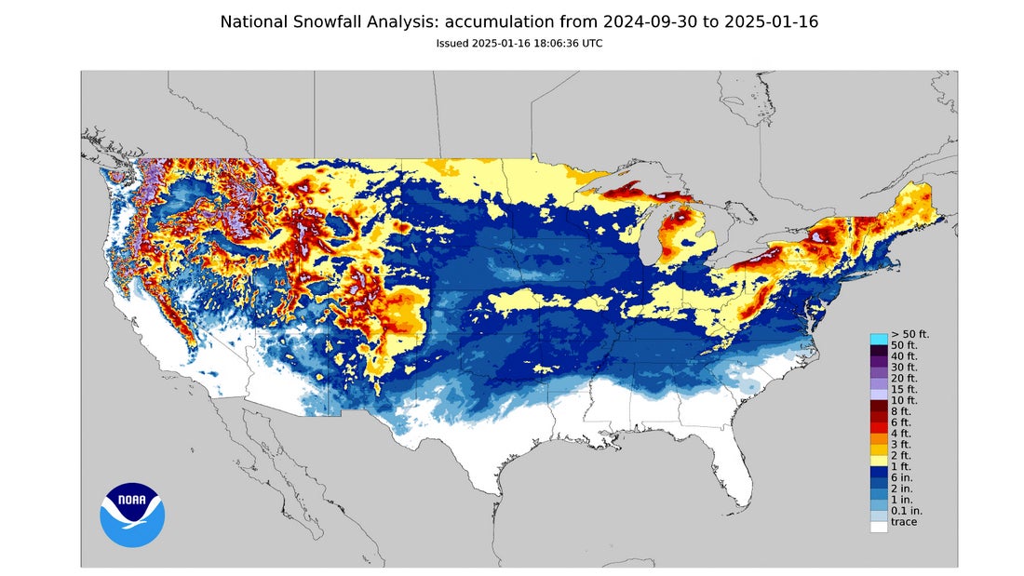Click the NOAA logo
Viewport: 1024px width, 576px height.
[x=132, y=515]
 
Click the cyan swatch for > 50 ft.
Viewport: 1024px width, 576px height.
[x=878, y=339]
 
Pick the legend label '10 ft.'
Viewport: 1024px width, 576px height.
[x=904, y=400]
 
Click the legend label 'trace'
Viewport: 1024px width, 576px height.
[x=903, y=522]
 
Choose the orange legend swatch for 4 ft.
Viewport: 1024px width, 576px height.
[x=878, y=433]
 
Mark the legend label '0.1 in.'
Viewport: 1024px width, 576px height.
[x=906, y=510]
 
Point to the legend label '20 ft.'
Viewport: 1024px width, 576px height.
[x=904, y=378]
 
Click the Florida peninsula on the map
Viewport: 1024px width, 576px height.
[x=735, y=465]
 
